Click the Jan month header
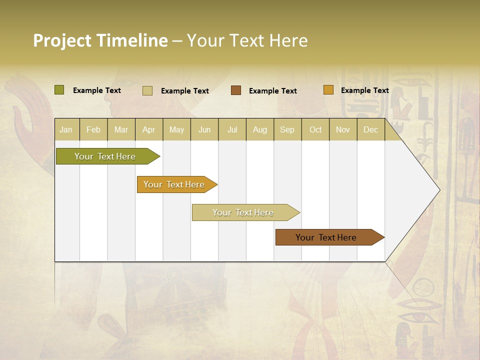[x=66, y=129]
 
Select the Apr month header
[x=148, y=129]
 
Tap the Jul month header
[x=232, y=129]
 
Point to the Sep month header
[x=287, y=129]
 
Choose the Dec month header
[x=370, y=129]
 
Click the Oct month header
[x=315, y=129]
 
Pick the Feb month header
[x=93, y=129]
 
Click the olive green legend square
[x=59, y=90]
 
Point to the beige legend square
[x=147, y=90]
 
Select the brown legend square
[x=236, y=90]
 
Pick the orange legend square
[x=328, y=90]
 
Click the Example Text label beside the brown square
[x=272, y=91]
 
